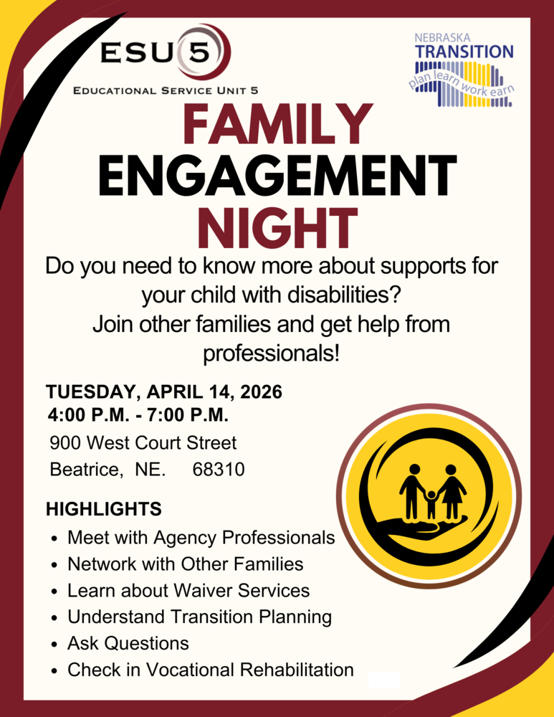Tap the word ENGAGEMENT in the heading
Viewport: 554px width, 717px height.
click(277, 176)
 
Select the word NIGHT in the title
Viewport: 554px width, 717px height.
click(277, 227)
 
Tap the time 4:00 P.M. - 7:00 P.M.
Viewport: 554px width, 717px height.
click(138, 415)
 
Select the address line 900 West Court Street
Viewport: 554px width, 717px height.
click(143, 442)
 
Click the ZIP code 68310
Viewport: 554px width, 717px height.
click(219, 470)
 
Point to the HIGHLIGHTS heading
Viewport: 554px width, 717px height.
click(103, 510)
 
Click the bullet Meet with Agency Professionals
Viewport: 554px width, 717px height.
click(201, 537)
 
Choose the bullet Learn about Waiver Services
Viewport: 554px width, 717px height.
click(188, 590)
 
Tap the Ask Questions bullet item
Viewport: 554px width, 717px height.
click(128, 643)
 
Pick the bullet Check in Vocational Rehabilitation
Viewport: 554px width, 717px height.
click(210, 670)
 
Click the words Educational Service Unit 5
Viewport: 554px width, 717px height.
click(166, 90)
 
